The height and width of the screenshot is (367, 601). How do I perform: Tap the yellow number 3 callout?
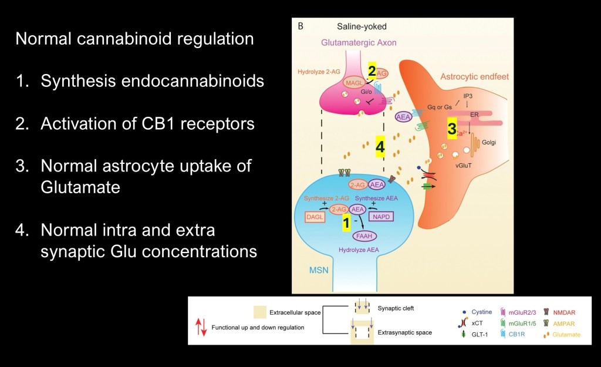[x=452, y=129]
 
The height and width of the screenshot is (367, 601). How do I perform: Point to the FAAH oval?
[x=364, y=237]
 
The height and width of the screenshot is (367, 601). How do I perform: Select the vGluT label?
[x=465, y=166]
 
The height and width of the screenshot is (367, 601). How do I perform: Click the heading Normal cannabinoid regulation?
[x=134, y=39]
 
